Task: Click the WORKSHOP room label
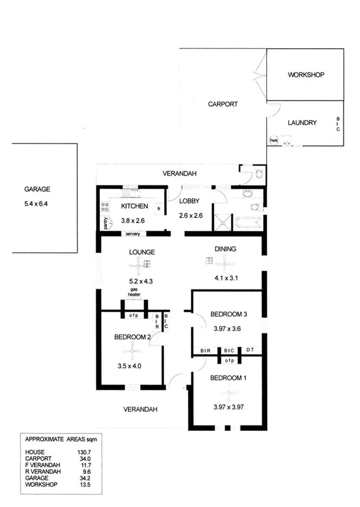pyautogui.click(x=305, y=75)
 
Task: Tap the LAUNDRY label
pyautogui.click(x=302, y=123)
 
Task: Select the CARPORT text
pyautogui.click(x=223, y=104)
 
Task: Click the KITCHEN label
pyautogui.click(x=134, y=206)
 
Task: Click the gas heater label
pyautogui.click(x=134, y=292)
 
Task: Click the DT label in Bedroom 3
pyautogui.click(x=250, y=350)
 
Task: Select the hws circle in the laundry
pyautogui.click(x=274, y=140)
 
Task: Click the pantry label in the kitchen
pyautogui.click(x=105, y=223)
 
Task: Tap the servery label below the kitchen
pyautogui.click(x=132, y=234)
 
